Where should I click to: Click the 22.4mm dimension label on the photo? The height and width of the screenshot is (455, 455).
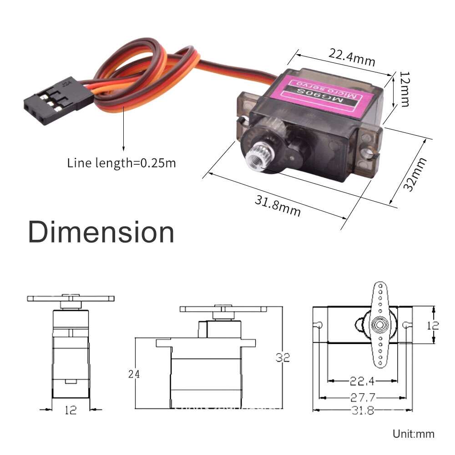click(x=352, y=57)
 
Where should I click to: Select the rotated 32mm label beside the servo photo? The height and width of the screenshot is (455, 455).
click(x=416, y=174)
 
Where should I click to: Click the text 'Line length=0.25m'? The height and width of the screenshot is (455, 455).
click(x=121, y=163)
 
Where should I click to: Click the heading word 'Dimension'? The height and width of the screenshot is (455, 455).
click(x=101, y=232)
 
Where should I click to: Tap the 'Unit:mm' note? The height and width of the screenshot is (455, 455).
click(x=413, y=434)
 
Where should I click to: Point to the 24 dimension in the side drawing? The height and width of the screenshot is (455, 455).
click(x=134, y=374)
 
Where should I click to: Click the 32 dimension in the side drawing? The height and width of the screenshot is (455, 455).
click(x=283, y=358)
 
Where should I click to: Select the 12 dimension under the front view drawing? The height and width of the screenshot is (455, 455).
click(x=71, y=410)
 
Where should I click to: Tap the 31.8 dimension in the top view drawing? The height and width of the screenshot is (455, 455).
click(x=362, y=410)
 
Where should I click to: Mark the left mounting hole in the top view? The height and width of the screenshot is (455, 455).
click(x=320, y=324)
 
